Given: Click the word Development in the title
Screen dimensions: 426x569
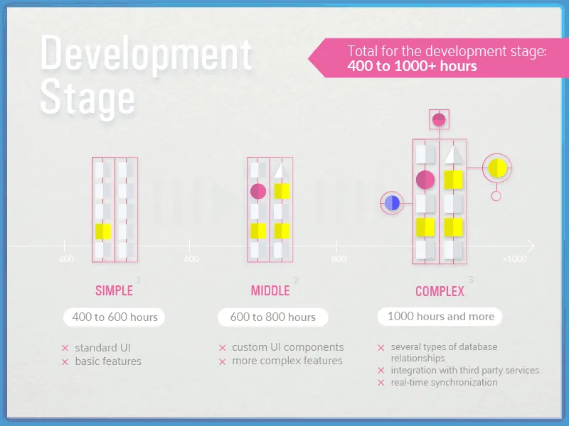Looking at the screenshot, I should (146, 54).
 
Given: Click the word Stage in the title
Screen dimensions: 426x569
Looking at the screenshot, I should (87, 97).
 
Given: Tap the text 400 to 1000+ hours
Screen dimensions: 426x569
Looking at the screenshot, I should (413, 66).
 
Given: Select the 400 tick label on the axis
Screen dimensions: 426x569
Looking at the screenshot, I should (65, 259).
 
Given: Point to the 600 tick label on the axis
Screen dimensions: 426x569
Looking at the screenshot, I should (191, 259).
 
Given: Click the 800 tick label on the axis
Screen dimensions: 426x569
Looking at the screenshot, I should (339, 259).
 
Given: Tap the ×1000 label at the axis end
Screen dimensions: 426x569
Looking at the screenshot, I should (514, 259).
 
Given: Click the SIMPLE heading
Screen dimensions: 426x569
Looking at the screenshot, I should (114, 290).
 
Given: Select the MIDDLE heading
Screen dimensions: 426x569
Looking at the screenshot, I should (270, 290).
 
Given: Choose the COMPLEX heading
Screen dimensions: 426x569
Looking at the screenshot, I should (440, 291).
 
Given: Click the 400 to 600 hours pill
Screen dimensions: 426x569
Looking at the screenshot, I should (115, 317).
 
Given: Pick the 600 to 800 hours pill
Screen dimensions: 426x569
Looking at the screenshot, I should (272, 317).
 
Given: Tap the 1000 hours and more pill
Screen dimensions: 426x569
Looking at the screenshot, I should (440, 316).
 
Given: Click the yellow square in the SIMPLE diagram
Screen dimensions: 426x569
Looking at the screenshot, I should (103, 231).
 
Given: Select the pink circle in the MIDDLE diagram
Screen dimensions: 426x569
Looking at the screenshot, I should (258, 191).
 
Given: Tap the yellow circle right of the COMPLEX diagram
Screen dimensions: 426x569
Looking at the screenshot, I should (496, 168).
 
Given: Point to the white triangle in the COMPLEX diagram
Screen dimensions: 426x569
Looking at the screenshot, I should (454, 154).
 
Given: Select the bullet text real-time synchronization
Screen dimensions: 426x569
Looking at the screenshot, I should (444, 382).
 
